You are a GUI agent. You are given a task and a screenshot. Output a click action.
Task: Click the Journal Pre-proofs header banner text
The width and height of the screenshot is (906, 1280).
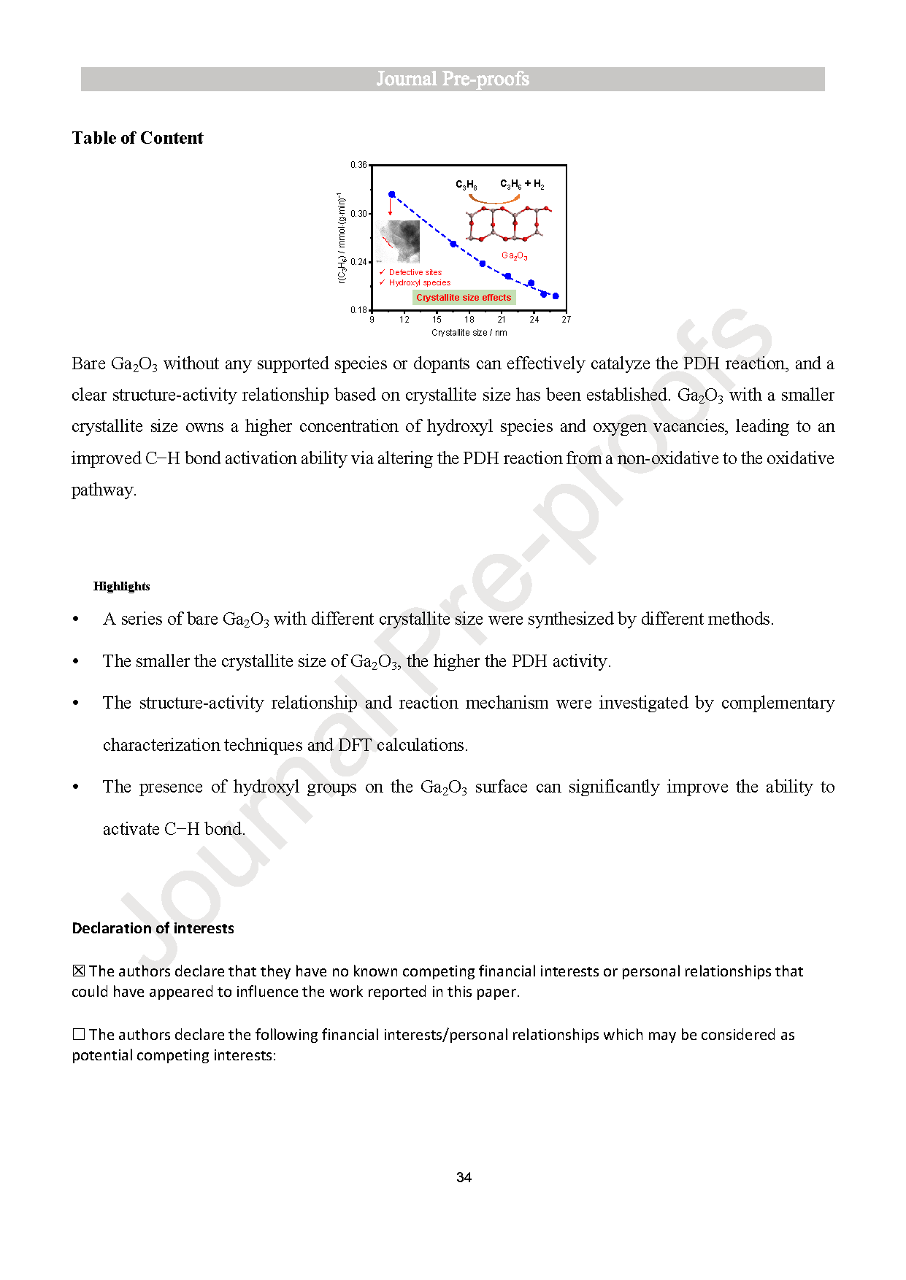click(x=453, y=79)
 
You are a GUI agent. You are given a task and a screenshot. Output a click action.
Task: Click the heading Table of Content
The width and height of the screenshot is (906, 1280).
click(x=137, y=138)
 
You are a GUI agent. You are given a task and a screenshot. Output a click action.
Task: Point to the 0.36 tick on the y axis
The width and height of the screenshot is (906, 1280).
click(x=358, y=165)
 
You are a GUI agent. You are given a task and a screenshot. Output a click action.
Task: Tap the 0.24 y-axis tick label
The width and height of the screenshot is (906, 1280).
click(x=358, y=262)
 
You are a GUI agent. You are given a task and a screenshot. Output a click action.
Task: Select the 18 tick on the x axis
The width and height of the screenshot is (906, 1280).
click(x=469, y=320)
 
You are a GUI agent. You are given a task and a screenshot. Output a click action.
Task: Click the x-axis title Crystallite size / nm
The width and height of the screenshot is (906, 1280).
click(x=469, y=333)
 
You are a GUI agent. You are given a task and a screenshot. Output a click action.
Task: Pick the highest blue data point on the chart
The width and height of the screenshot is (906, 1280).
click(x=392, y=194)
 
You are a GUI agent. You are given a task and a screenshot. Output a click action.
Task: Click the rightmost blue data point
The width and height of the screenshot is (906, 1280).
click(x=556, y=296)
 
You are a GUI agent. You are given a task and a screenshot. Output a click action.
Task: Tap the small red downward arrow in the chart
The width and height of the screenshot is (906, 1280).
click(x=391, y=207)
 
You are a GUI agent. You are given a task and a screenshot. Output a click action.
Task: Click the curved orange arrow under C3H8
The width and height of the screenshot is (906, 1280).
click(x=494, y=198)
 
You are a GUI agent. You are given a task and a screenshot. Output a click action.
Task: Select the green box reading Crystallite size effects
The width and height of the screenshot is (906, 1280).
click(x=464, y=298)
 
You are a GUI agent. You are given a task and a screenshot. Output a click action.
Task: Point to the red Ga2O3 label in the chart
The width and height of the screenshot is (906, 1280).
click(x=514, y=256)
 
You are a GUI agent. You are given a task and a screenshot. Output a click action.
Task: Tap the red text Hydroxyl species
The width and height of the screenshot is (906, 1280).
click(x=419, y=283)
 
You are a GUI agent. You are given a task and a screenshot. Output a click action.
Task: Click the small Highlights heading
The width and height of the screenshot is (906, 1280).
click(x=121, y=586)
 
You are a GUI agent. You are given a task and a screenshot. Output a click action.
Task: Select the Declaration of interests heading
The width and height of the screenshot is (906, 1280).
click(x=153, y=928)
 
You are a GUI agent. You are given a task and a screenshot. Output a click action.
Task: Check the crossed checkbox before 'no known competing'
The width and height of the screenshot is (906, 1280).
click(x=79, y=971)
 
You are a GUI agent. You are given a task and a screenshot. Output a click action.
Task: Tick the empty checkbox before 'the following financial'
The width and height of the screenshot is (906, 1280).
click(x=79, y=1034)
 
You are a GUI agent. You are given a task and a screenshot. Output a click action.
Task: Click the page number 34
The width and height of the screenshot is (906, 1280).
click(x=464, y=1177)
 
